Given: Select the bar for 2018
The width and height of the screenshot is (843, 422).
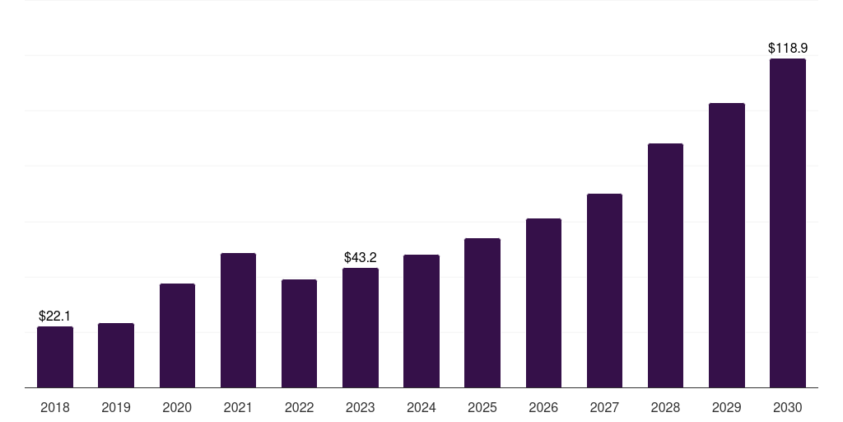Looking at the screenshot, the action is click(55, 357).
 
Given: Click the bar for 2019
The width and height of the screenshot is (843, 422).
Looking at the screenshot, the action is click(116, 355).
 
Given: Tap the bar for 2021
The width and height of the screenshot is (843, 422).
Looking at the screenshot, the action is click(238, 321).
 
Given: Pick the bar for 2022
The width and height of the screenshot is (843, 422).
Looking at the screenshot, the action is click(299, 334).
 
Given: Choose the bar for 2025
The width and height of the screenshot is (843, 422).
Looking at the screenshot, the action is click(482, 312).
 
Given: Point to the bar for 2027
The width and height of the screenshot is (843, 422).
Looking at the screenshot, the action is click(604, 291).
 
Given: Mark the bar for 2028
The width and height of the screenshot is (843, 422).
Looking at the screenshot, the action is click(665, 265).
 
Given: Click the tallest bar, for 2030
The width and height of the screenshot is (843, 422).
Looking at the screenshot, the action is click(788, 223).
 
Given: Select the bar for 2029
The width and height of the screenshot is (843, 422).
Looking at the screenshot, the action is click(727, 246).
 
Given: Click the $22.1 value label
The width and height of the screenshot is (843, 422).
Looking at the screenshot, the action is click(54, 316).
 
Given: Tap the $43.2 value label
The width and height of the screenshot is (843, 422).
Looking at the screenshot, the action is click(361, 257).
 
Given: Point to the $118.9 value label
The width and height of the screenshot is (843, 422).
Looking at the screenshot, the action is click(788, 48).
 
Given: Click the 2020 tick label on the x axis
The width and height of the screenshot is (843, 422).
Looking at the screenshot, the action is click(177, 407).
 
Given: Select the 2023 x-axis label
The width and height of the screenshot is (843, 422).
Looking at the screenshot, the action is click(361, 407).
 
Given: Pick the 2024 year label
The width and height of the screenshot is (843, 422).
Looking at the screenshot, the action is click(421, 407).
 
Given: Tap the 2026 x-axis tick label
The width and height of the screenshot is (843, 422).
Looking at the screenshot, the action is click(543, 407).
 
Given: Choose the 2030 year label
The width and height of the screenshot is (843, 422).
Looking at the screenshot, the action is click(788, 407).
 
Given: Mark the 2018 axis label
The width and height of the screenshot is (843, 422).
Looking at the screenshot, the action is click(55, 407).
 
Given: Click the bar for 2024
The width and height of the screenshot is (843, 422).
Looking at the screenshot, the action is click(421, 321).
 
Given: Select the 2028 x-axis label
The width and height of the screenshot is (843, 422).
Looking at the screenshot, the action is click(665, 407).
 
